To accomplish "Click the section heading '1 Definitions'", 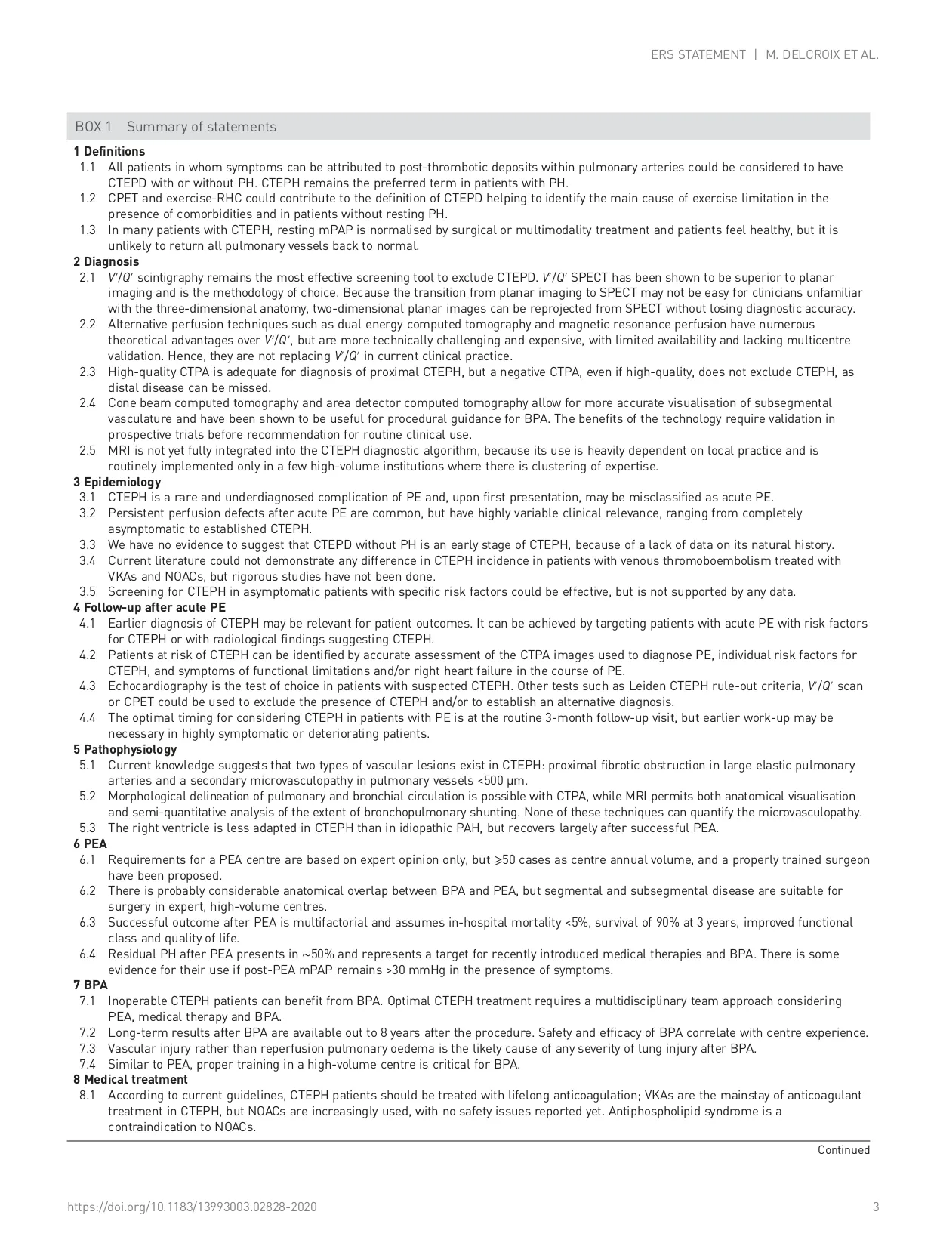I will (x=109, y=152).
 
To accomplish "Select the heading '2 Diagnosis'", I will (x=106, y=262).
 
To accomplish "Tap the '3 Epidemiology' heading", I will (x=116, y=482).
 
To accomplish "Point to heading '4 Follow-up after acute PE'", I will (x=149, y=607).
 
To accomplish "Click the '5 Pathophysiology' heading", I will (x=125, y=749).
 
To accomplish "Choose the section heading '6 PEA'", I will (x=90, y=843).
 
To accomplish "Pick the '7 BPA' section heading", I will (x=90, y=985).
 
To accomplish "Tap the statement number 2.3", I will (x=88, y=372).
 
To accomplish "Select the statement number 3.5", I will (x=88, y=592).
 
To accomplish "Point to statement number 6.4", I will (x=88, y=954).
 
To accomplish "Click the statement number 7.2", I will (x=88, y=1033).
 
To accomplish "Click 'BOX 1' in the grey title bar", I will (x=93, y=127).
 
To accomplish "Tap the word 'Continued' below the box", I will (x=843, y=1150).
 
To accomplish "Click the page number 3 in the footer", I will (x=876, y=1207).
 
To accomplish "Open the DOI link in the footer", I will (x=192, y=1207).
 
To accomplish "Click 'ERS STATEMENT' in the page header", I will (x=698, y=55).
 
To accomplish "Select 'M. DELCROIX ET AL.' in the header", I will (x=822, y=55).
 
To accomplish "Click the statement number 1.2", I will (x=88, y=199).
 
